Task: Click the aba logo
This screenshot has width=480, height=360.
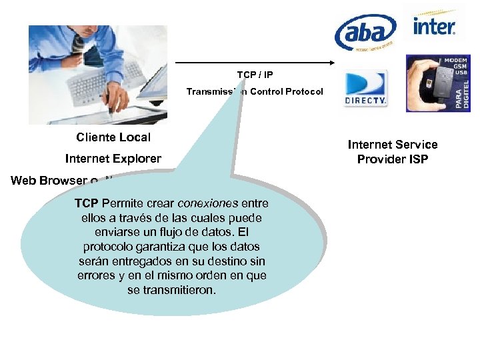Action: pyautogui.click(x=365, y=32)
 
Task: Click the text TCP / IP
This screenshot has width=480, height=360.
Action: pyautogui.click(x=255, y=75)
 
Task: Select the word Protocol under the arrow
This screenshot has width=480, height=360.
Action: pyautogui.click(x=304, y=91)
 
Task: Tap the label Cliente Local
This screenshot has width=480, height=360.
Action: pyautogui.click(x=113, y=137)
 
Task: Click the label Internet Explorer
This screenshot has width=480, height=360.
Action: pyautogui.click(x=113, y=159)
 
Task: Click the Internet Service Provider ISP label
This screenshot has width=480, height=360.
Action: pyautogui.click(x=393, y=152)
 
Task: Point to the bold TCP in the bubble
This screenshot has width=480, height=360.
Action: pyautogui.click(x=87, y=203)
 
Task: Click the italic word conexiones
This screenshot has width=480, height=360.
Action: pyautogui.click(x=209, y=203)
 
